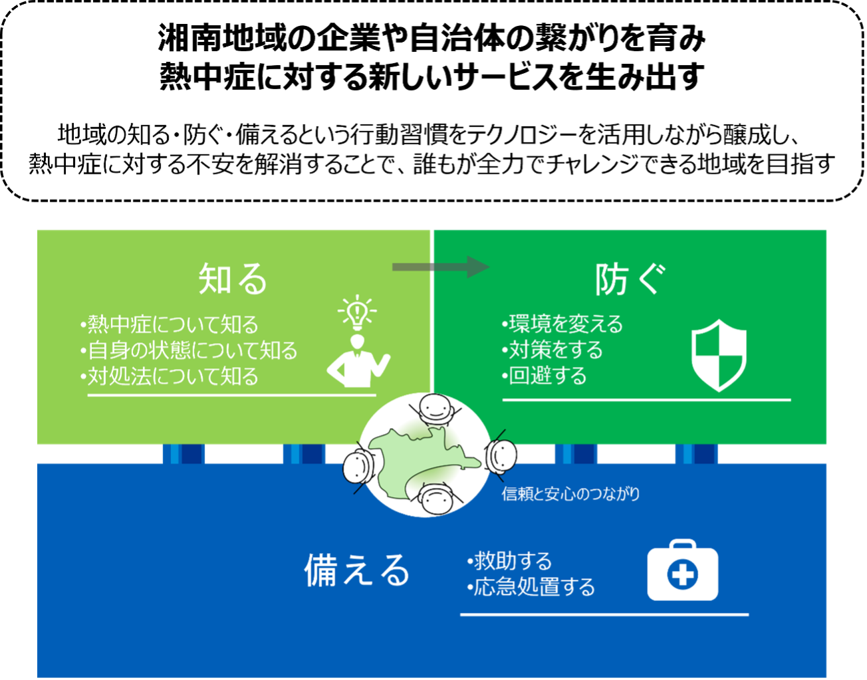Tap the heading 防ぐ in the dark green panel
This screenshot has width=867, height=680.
pyautogui.click(x=629, y=279)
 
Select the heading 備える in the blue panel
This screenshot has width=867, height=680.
pyautogui.click(x=356, y=570)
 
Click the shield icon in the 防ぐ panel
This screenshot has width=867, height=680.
pyautogui.click(x=719, y=355)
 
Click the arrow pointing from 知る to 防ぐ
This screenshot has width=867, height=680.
pyautogui.click(x=440, y=267)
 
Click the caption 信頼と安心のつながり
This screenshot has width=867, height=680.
pyautogui.click(x=570, y=494)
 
